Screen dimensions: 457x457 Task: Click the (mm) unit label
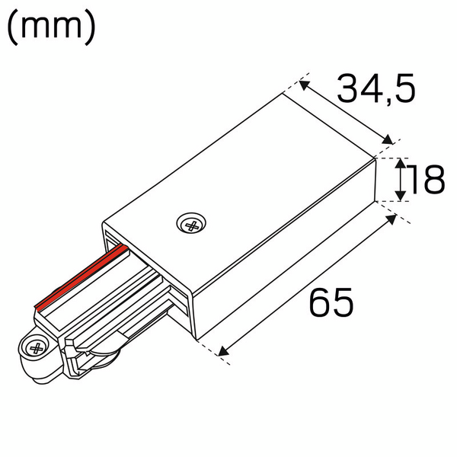(x=51, y=28)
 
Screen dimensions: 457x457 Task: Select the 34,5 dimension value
(x=377, y=90)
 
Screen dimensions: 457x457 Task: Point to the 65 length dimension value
(x=331, y=303)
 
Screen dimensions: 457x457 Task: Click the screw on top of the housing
(x=191, y=225)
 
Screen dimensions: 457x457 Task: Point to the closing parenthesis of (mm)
(x=90, y=28)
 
